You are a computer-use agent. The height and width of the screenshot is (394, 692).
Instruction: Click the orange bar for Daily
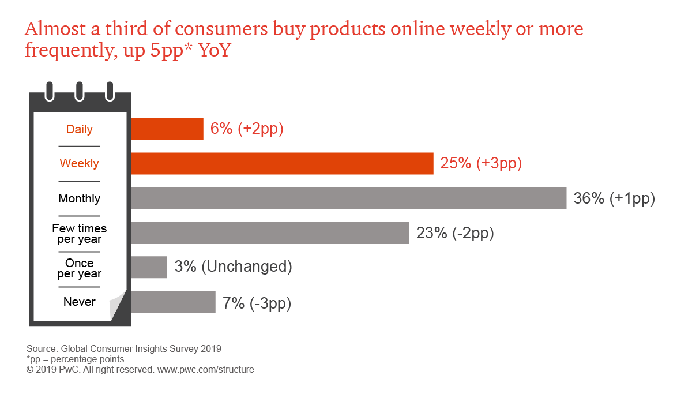(x=167, y=129)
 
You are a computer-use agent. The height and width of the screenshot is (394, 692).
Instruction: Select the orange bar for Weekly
(x=282, y=163)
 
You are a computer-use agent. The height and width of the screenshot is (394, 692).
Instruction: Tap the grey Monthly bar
(x=348, y=198)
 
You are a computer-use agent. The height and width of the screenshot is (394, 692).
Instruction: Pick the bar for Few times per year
(x=270, y=233)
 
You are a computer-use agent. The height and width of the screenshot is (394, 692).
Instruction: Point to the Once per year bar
(x=149, y=268)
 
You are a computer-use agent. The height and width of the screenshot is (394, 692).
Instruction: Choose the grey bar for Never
(x=173, y=302)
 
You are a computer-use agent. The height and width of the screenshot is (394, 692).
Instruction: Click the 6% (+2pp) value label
(x=247, y=129)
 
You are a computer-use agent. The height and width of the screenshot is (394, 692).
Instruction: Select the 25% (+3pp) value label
(x=481, y=163)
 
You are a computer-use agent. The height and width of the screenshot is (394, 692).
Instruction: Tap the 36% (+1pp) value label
(x=614, y=198)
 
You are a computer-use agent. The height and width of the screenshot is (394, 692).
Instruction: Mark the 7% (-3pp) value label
(x=257, y=302)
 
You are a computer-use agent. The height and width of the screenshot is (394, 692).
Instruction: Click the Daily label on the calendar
(x=80, y=129)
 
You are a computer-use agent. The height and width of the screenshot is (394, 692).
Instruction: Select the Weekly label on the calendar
(x=80, y=164)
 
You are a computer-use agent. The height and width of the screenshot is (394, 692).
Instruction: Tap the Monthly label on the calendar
(x=80, y=198)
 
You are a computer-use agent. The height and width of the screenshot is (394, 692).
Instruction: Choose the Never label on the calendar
(x=80, y=302)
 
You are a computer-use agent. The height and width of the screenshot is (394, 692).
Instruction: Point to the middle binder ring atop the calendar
(x=80, y=91)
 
